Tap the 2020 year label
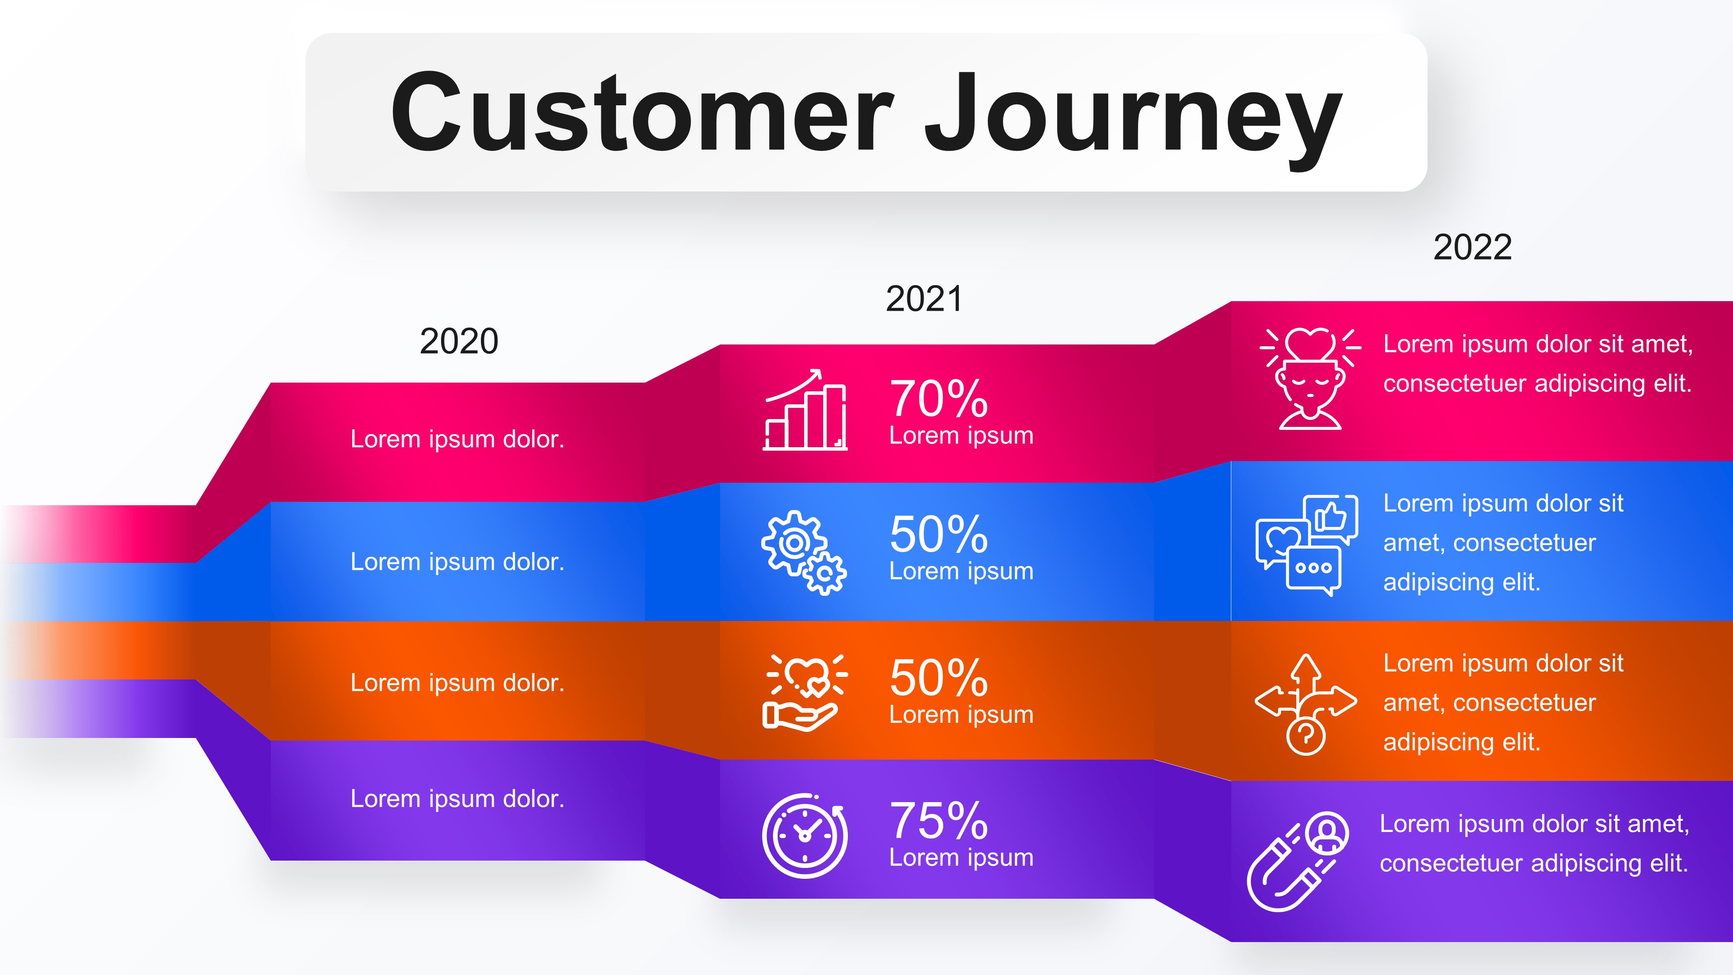tap(459, 341)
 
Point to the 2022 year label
tap(1472, 247)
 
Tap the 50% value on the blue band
tap(938, 534)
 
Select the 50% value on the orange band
tap(938, 678)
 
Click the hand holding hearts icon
tap(804, 692)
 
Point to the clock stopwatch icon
tap(805, 836)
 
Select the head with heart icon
tap(1310, 379)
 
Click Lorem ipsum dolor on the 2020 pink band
tap(458, 439)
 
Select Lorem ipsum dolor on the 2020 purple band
tap(458, 799)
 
